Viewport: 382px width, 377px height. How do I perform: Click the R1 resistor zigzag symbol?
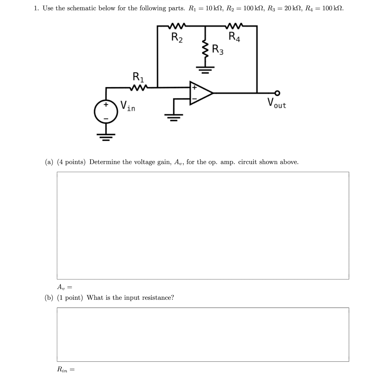[139, 88]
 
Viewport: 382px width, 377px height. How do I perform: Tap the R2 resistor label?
[177, 37]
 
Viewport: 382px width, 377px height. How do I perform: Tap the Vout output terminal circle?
[278, 93]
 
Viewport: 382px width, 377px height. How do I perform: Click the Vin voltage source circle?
[106, 111]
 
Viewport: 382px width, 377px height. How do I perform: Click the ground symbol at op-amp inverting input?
[174, 117]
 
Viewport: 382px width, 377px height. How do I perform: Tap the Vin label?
[128, 106]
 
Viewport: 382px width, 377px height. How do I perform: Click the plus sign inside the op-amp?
[194, 88]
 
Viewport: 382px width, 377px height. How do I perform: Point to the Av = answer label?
[64, 287]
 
